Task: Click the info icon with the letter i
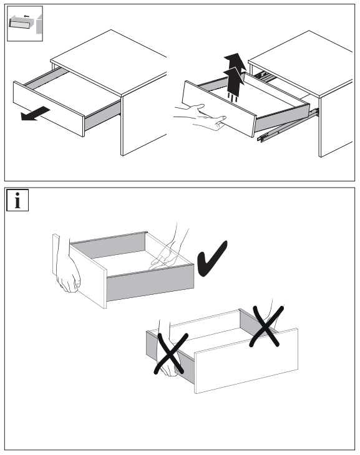pyautogui.click(x=17, y=200)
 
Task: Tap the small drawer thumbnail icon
pyautogui.click(x=25, y=24)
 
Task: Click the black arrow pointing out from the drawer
pyautogui.click(x=36, y=113)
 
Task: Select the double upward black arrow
pyautogui.click(x=235, y=76)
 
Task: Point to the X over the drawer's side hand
pyautogui.click(x=171, y=353)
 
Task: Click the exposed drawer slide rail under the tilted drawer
pyautogui.click(x=288, y=125)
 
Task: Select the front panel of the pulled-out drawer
pyautogui.click(x=49, y=109)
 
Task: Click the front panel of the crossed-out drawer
pyautogui.click(x=246, y=361)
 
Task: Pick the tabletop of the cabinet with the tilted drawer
pyautogui.click(x=301, y=64)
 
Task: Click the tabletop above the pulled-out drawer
pyautogui.click(x=109, y=62)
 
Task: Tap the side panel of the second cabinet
pyautogui.click(x=336, y=120)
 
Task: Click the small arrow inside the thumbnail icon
pyautogui.click(x=26, y=16)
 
